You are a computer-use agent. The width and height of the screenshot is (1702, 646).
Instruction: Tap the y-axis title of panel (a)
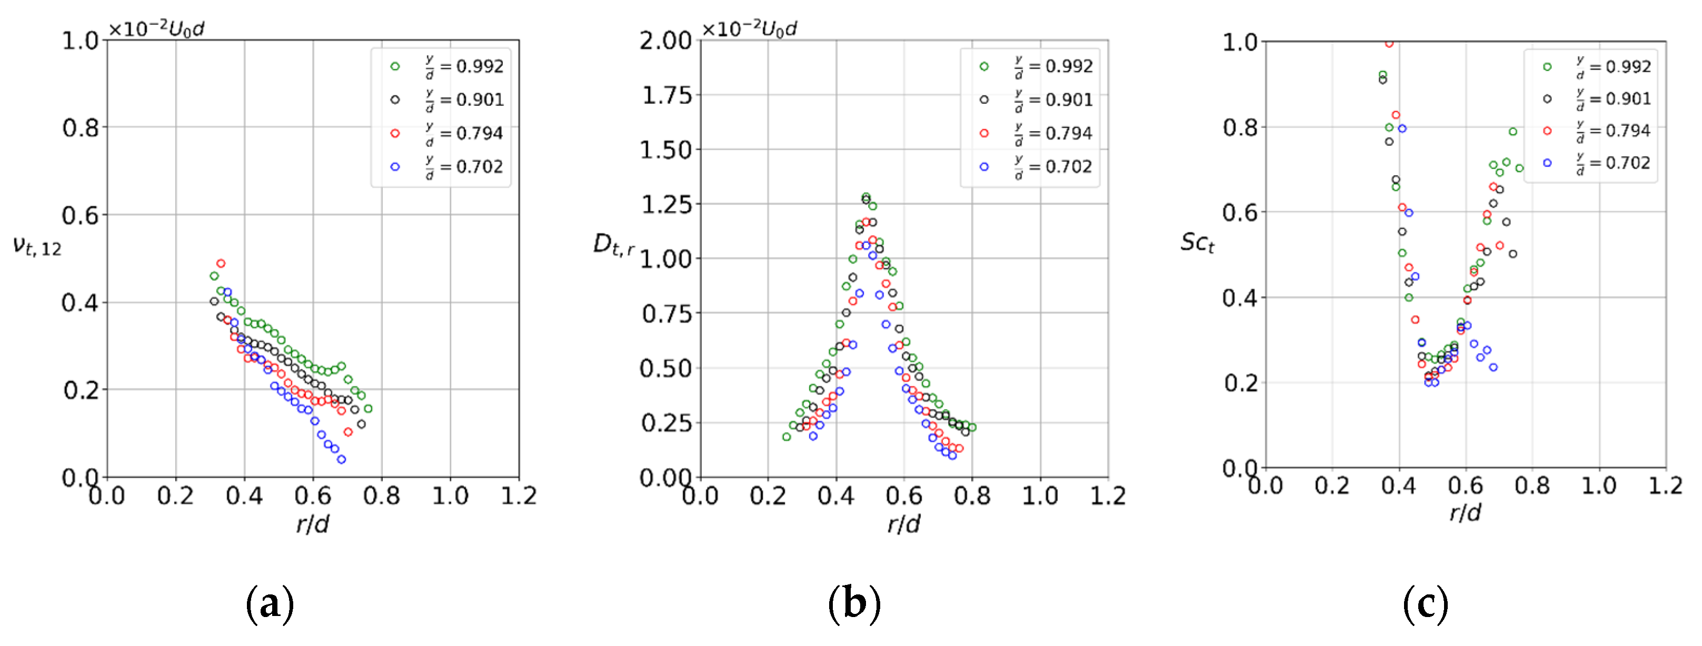[x=37, y=246]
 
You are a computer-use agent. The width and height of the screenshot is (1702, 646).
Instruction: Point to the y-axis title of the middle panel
[x=614, y=244]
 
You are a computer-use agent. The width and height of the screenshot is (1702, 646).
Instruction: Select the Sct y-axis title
[x=1197, y=242]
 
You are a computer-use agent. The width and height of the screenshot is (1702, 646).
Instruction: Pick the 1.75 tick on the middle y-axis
[x=666, y=96]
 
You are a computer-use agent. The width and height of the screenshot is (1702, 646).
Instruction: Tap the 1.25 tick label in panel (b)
[x=666, y=205]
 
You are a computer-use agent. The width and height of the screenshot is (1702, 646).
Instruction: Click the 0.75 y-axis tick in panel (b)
[x=666, y=314]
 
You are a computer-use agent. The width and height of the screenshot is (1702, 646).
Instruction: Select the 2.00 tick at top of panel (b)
[x=665, y=41]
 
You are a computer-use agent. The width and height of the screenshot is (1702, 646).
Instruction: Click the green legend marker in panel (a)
[x=395, y=66]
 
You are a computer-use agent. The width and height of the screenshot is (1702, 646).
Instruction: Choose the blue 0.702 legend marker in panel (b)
[x=984, y=167]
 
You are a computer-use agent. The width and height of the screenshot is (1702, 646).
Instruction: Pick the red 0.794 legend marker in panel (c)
[x=1547, y=131]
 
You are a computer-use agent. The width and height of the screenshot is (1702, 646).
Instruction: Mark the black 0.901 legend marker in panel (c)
[x=1547, y=99]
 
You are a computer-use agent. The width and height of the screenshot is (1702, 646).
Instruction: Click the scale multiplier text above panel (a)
[x=156, y=29]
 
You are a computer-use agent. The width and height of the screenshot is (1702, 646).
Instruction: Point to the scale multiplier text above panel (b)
[x=749, y=29]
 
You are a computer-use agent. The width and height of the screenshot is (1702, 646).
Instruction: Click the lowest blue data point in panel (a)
[x=342, y=459]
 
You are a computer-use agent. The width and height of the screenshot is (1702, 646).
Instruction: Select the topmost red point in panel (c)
[x=1389, y=44]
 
